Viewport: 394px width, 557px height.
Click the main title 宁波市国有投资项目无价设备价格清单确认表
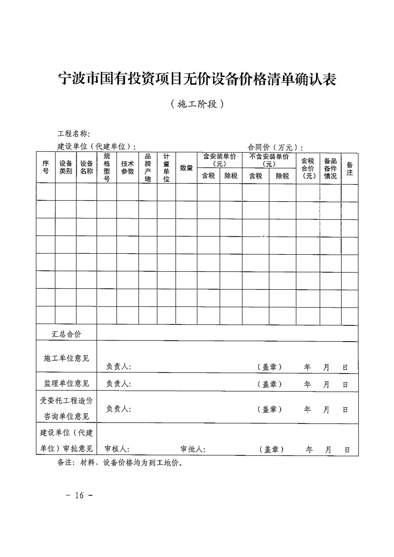(x=197, y=79)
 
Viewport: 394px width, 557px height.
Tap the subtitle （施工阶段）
(x=197, y=104)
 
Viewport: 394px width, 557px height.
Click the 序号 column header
(x=46, y=167)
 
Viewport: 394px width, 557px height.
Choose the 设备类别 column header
(x=66, y=167)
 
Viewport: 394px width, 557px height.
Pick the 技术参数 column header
(x=128, y=167)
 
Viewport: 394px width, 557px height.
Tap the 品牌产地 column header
(x=148, y=167)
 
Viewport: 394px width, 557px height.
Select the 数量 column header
(x=186, y=168)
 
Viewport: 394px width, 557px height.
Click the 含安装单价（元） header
(x=220, y=160)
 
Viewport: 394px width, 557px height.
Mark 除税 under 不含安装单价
(x=282, y=176)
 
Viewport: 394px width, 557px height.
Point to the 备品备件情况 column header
(x=330, y=168)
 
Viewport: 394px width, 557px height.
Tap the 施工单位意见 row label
(x=66, y=358)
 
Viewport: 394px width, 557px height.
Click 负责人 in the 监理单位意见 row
(x=119, y=383)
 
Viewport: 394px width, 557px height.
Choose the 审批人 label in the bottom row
(x=193, y=449)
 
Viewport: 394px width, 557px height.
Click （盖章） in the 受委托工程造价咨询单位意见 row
(x=270, y=409)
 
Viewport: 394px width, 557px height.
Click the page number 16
(x=79, y=495)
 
